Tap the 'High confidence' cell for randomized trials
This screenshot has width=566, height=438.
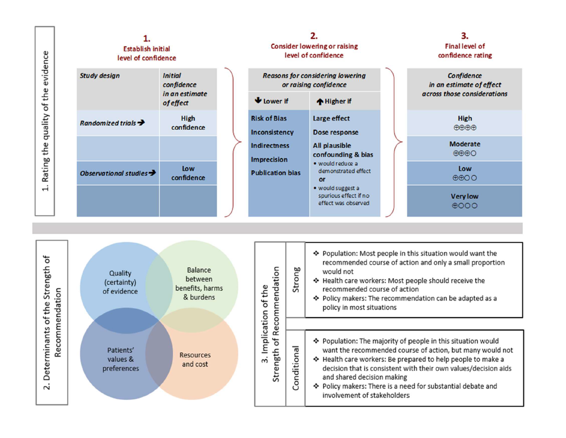click(188, 123)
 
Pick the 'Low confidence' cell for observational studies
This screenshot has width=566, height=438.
click(188, 173)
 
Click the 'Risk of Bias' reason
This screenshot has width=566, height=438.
click(269, 118)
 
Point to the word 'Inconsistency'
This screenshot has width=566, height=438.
click(272, 132)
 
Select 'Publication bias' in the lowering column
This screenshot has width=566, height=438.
click(276, 173)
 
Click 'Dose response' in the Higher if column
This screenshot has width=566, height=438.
click(335, 132)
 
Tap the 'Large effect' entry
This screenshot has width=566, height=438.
click(331, 118)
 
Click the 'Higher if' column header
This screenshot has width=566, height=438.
click(334, 101)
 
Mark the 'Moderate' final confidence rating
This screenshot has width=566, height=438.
click(465, 144)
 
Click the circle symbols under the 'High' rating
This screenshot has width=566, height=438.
click(465, 127)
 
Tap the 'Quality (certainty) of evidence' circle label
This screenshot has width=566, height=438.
click(120, 283)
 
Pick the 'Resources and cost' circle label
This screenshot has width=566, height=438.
click(195, 359)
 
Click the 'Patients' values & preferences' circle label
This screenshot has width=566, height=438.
click(120, 359)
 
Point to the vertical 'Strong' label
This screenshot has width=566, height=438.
click(296, 279)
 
